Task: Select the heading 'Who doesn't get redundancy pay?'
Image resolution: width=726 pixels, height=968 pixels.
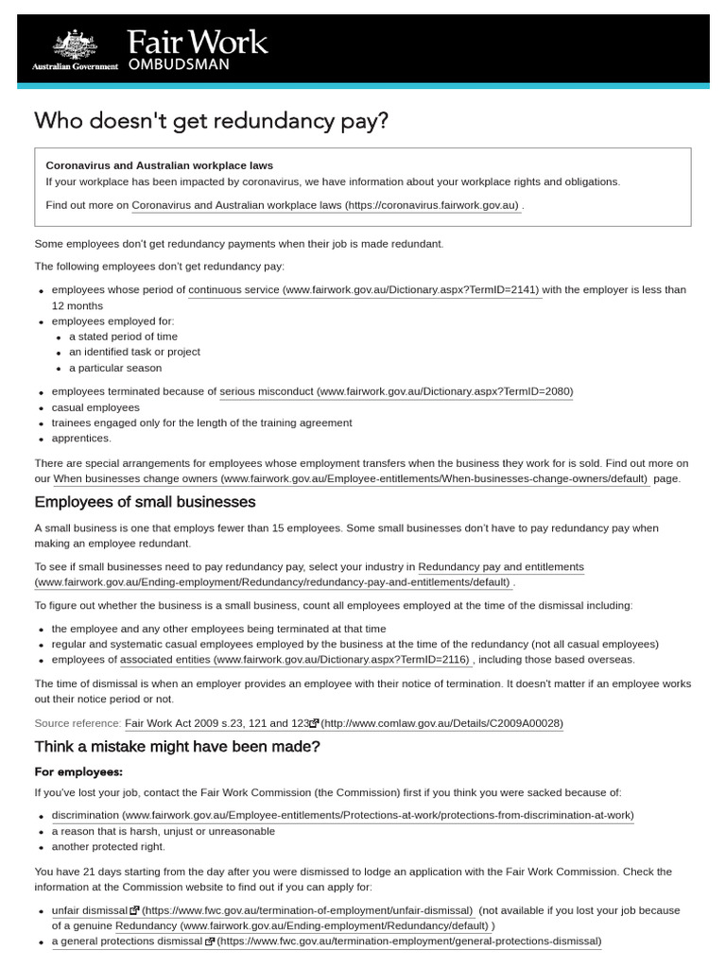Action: tap(211, 121)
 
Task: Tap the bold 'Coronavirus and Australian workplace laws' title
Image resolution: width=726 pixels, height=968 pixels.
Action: tap(160, 165)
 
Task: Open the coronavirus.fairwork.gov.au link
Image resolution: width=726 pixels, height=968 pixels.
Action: tap(325, 205)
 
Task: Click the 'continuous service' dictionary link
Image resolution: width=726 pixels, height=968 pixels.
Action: tap(364, 290)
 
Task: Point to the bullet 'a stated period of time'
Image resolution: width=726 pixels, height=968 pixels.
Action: tap(123, 337)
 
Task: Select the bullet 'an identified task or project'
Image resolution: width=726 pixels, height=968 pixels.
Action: tap(134, 352)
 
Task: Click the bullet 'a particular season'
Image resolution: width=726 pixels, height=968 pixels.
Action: tap(115, 368)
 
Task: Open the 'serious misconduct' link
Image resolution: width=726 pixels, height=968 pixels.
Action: tap(396, 391)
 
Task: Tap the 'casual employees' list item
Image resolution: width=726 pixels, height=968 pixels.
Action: tap(95, 407)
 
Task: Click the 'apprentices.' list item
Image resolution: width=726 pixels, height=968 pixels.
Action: tap(81, 438)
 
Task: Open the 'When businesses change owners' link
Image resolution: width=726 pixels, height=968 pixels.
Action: tap(351, 479)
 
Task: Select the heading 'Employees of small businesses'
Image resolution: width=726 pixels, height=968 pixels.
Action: tap(145, 502)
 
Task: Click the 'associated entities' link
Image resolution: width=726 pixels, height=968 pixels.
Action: tap(294, 660)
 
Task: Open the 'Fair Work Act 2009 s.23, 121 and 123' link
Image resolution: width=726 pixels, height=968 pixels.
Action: tap(344, 723)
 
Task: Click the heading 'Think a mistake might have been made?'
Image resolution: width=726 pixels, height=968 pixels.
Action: tap(178, 747)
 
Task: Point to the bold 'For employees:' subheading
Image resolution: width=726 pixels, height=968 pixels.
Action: tap(79, 771)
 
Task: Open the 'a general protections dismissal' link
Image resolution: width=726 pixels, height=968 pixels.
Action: tap(326, 942)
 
